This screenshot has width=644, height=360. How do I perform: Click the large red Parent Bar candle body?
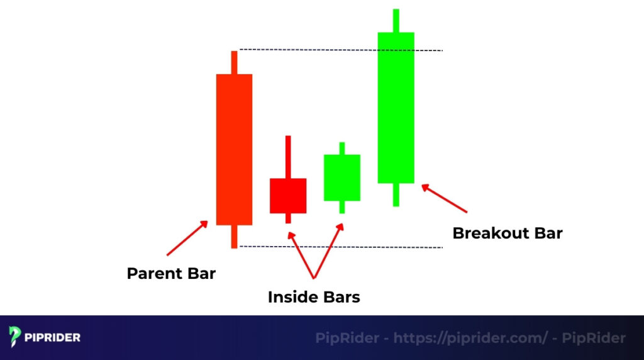coord(234,149)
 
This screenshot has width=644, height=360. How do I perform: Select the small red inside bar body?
coord(288,196)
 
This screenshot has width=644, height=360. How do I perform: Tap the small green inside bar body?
coord(342,177)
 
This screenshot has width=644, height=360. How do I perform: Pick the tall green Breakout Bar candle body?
coord(396,108)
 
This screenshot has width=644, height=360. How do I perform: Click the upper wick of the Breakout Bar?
coord(396,20)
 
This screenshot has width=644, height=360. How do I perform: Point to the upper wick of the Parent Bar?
coord(234,62)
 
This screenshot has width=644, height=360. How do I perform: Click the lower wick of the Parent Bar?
coord(234,236)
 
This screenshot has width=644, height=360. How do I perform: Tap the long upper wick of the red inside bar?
coord(288,157)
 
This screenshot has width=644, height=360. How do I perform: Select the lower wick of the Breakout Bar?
coord(396,194)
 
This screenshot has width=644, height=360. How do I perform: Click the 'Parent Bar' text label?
coord(171,274)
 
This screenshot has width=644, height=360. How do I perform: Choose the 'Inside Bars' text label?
coord(314,296)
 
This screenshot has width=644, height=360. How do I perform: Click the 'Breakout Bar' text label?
coord(507,233)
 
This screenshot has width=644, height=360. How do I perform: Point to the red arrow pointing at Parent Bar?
coord(187,238)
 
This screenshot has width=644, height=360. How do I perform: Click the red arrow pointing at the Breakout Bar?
coord(445,198)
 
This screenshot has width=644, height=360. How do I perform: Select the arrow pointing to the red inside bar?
coord(301,254)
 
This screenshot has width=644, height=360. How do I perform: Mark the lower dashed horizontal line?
coord(340,247)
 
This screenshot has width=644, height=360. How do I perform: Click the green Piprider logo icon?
coord(16,337)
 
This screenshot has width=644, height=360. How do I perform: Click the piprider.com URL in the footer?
coord(470,338)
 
